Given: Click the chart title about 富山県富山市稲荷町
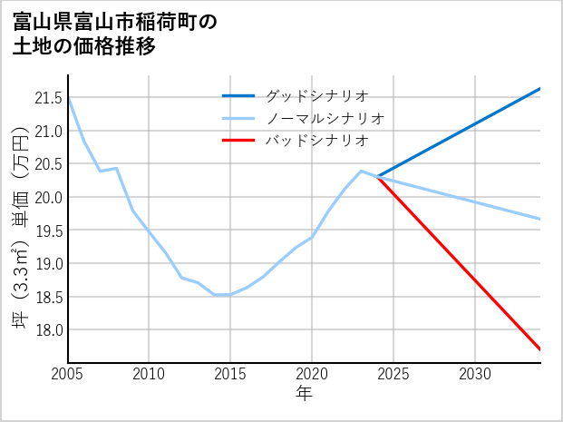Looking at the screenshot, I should coord(115,34).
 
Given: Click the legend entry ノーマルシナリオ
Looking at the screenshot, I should coord(325,118).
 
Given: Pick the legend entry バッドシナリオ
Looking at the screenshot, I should coord(317,141).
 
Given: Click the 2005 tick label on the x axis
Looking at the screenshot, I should coord(68,374).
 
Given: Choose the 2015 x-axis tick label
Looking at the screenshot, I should coord(230,374).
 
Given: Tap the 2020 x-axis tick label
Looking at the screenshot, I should coord(312,374).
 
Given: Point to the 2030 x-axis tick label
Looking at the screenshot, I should coord(475,374).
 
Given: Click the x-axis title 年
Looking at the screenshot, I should coord(304,394).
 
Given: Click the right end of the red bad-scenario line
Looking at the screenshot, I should coord(540,349).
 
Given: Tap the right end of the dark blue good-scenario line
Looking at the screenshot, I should coord(540,89).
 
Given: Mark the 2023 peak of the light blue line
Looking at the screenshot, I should coord(361,171).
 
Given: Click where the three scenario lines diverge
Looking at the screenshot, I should coord(377,177).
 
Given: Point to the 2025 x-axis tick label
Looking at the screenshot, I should coord(393,374).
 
